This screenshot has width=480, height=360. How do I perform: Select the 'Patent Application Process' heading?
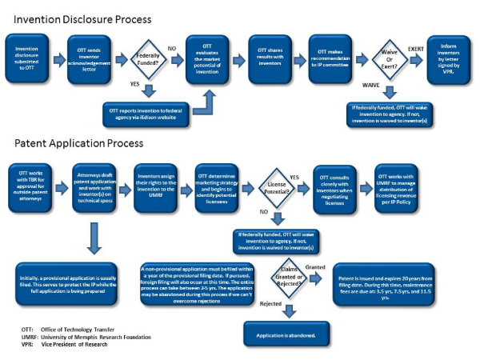pos(78,144)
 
